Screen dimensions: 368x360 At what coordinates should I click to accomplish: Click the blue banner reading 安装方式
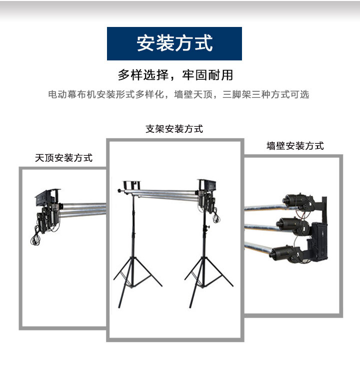[174, 43]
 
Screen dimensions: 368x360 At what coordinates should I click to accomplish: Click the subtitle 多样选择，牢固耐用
[175, 75]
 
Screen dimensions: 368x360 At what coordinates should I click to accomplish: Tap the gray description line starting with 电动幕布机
[178, 94]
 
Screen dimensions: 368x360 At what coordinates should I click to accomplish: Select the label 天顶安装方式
[63, 158]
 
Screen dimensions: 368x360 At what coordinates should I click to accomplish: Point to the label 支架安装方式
[174, 129]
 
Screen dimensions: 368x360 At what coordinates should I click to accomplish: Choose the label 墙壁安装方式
[295, 146]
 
